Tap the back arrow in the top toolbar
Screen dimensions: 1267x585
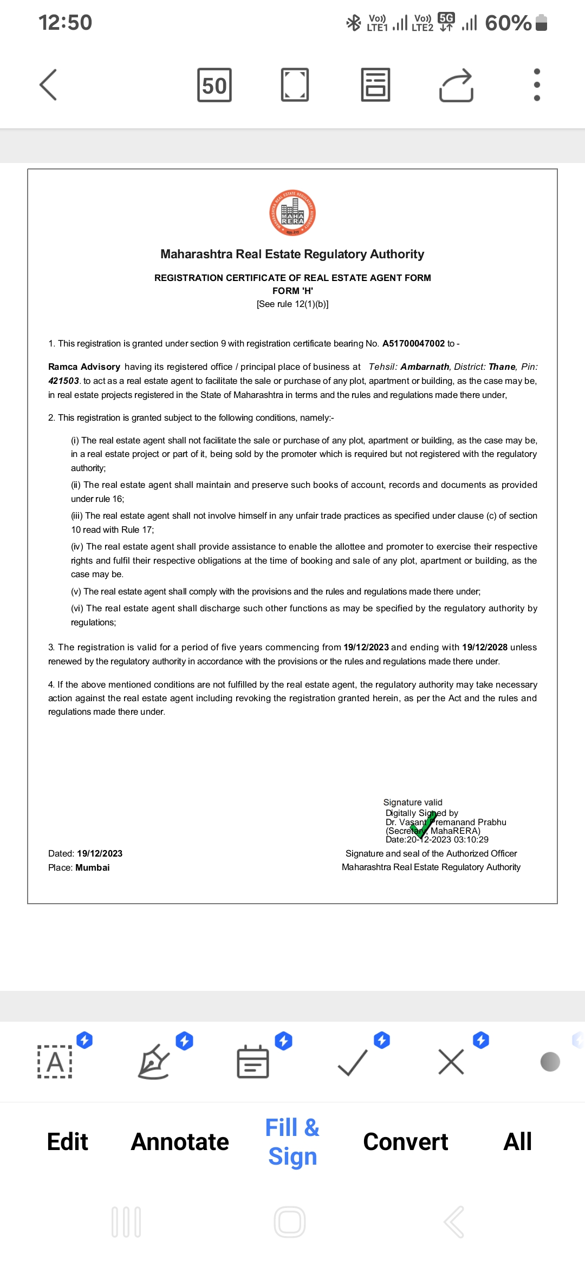(x=49, y=84)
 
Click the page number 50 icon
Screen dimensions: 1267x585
(x=214, y=85)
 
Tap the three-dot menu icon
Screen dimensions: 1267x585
(x=537, y=84)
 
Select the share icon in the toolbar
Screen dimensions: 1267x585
(x=456, y=85)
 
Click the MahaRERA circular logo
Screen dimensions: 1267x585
(x=292, y=213)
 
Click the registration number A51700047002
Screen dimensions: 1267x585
(x=413, y=343)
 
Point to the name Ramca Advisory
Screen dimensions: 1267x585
(x=84, y=367)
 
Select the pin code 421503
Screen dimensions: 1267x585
(x=63, y=381)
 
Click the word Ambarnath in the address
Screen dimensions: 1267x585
(x=425, y=367)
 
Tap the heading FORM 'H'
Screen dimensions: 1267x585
(x=292, y=291)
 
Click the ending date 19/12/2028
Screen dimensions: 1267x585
(x=484, y=647)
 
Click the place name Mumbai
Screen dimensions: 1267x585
(x=93, y=867)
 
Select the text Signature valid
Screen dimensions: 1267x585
(x=413, y=802)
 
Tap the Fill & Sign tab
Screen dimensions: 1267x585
(x=292, y=1142)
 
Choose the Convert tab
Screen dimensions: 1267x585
(x=405, y=1142)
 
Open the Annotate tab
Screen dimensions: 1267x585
(x=180, y=1142)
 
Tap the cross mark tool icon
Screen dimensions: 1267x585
(x=451, y=1062)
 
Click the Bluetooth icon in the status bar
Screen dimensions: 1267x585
(x=354, y=23)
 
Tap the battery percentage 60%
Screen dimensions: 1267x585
(x=508, y=23)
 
